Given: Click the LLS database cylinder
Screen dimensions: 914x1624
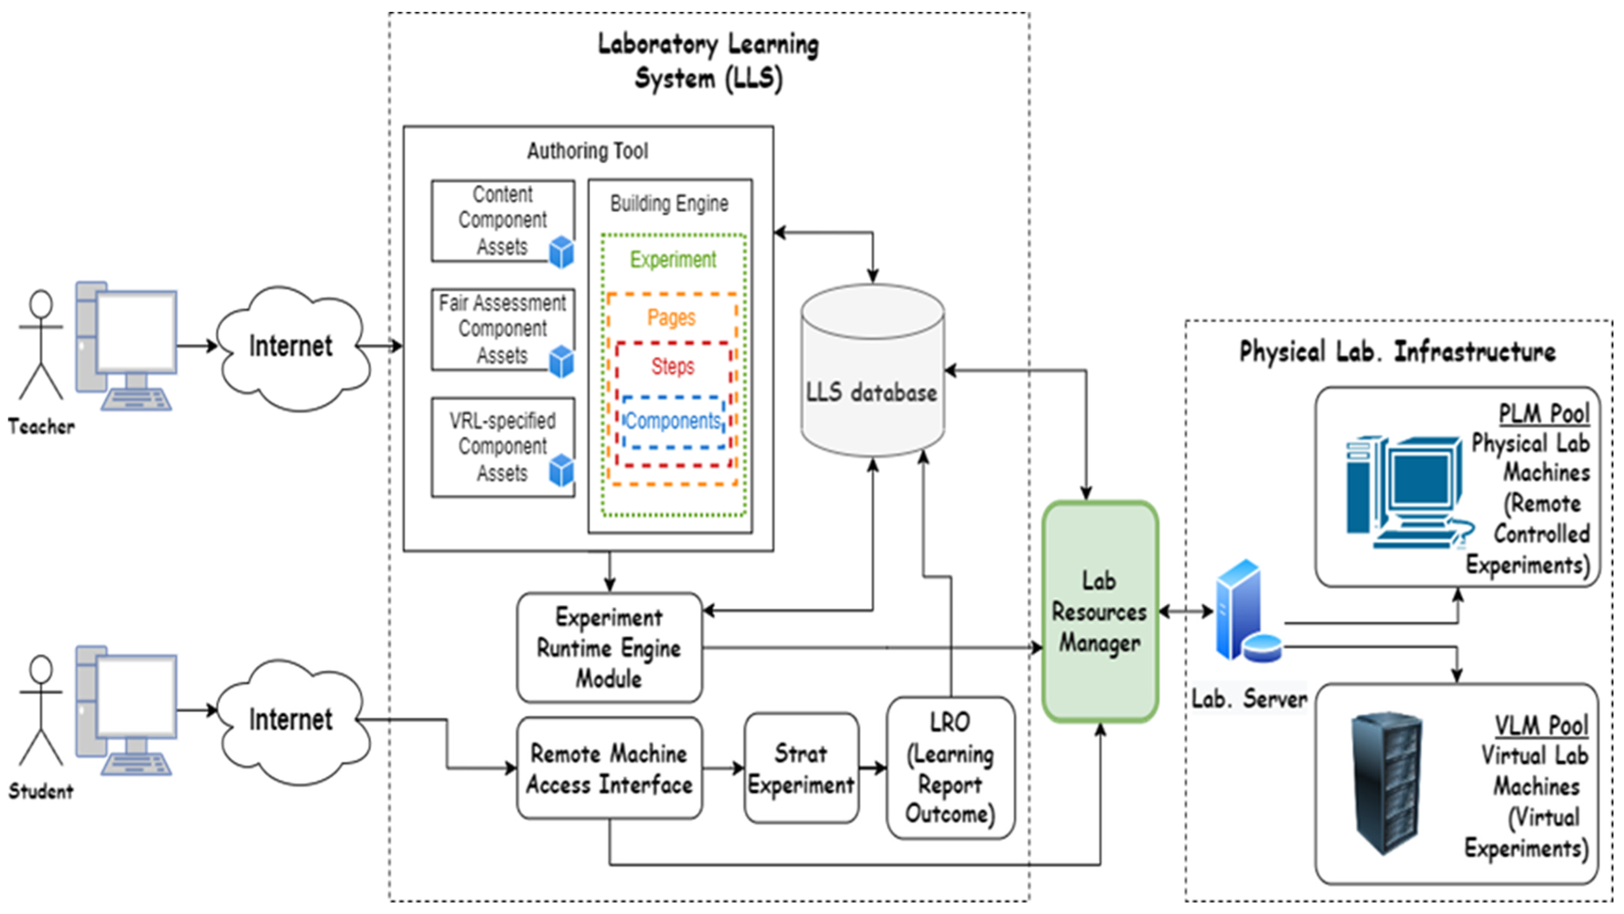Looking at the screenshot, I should point(872,372).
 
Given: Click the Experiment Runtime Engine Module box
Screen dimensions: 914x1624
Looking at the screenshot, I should point(609,647).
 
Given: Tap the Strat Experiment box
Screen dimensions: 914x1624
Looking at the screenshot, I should point(801,768).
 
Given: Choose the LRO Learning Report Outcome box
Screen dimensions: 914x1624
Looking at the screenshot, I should point(950,768).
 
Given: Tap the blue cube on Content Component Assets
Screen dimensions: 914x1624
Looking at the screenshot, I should point(561,252).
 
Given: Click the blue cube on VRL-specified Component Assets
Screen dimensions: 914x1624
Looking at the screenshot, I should point(561,471).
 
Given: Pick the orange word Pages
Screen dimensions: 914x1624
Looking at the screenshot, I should point(671,317).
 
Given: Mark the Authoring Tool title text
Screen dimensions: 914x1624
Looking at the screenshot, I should point(588,151).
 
